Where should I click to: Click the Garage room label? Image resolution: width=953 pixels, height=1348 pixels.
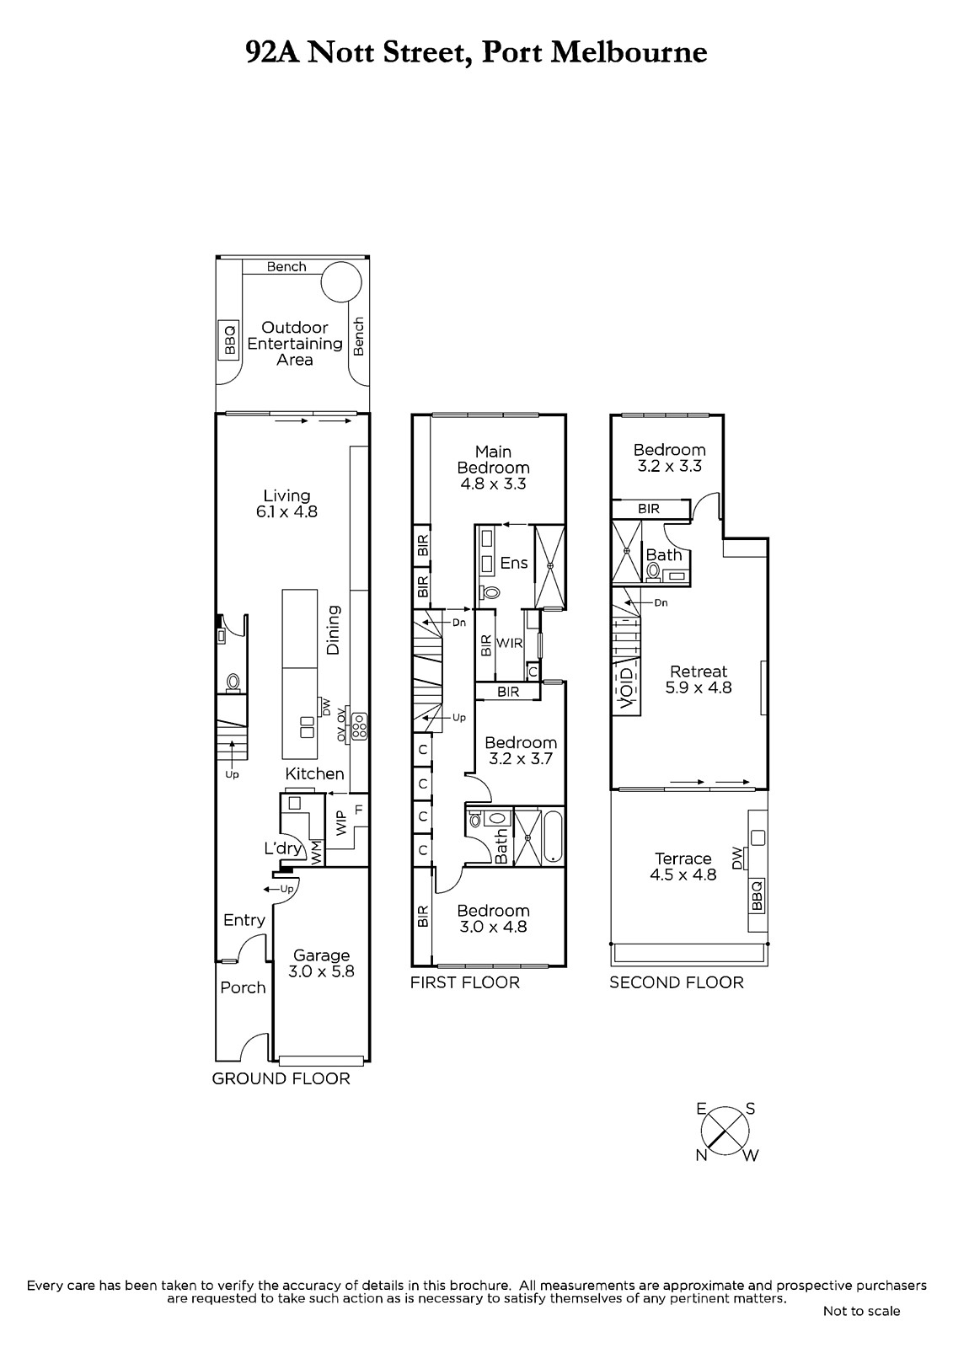(321, 955)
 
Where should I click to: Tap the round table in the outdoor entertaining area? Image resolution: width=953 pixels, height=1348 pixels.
(340, 282)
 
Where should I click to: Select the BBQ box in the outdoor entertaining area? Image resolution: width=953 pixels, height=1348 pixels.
(229, 340)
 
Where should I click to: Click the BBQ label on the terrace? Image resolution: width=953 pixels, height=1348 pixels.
(757, 896)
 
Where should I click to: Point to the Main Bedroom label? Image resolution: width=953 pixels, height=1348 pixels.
(493, 459)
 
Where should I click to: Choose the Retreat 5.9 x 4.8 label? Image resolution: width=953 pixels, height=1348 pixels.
(699, 679)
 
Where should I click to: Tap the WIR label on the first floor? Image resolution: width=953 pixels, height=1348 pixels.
(509, 644)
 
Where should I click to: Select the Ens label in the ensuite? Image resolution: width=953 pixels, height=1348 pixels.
(513, 563)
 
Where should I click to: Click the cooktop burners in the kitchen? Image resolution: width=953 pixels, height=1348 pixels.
(360, 725)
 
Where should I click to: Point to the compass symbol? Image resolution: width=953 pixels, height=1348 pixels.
(725, 1132)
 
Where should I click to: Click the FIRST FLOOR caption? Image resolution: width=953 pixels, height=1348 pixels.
(465, 982)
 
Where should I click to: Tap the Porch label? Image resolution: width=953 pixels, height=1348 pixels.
(243, 987)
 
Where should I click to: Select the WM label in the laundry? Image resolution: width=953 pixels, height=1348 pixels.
(316, 852)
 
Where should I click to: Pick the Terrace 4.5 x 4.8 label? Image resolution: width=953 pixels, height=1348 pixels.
(683, 867)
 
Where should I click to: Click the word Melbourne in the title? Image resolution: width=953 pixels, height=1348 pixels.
(629, 52)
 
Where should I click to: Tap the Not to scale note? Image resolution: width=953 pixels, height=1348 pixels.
(861, 1311)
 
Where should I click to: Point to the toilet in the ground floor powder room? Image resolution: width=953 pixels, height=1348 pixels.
(233, 682)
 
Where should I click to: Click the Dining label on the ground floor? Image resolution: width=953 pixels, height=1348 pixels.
(333, 629)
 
